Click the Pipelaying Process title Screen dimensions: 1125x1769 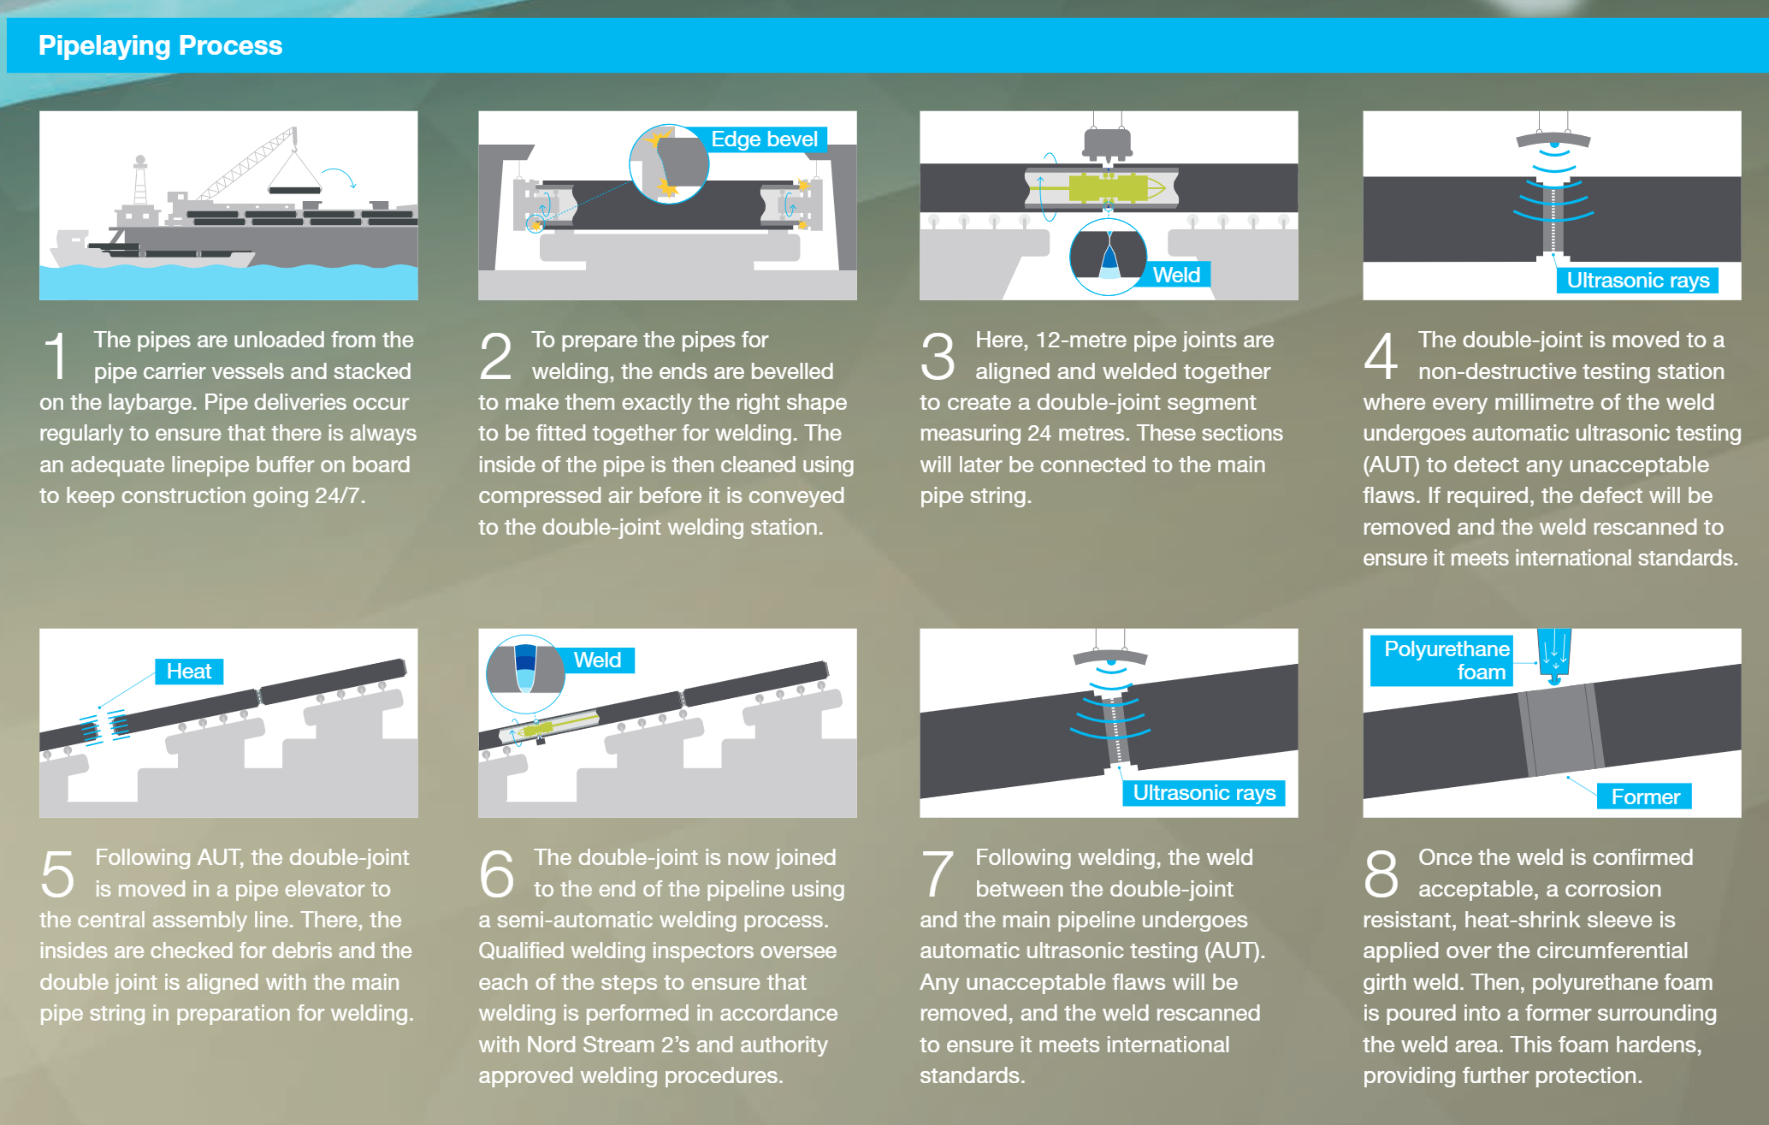(160, 45)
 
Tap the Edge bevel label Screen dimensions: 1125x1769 (764, 139)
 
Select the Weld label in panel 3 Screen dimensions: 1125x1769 (1176, 275)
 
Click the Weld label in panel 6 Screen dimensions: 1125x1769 (597, 660)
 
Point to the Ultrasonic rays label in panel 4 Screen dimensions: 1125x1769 (1637, 280)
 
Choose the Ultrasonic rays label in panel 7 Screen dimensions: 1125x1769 (1204, 792)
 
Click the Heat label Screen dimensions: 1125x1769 (188, 672)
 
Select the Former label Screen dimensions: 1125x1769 (1645, 796)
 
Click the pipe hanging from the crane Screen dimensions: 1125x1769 (294, 189)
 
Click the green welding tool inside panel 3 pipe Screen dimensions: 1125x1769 (1108, 187)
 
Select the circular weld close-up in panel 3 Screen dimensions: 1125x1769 (1108, 257)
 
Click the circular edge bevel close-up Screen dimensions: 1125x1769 (669, 163)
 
